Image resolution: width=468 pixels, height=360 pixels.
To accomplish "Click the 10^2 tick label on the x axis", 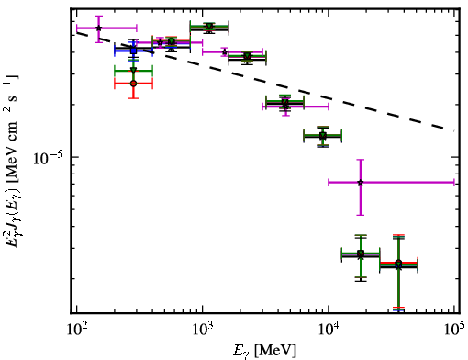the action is pyautogui.click(x=76, y=330).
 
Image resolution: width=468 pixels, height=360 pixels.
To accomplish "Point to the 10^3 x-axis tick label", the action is pyautogui.click(x=203, y=330).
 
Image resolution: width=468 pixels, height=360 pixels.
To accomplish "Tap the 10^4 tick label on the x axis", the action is pyautogui.click(x=329, y=330).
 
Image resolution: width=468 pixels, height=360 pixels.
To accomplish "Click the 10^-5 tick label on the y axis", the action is pyautogui.click(x=49, y=158).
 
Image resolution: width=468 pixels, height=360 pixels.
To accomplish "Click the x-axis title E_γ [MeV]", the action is pyautogui.click(x=264, y=351).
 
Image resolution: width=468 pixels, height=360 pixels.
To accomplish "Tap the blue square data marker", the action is pyautogui.click(x=133, y=51).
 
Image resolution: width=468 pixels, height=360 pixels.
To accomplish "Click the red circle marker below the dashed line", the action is pyautogui.click(x=133, y=84).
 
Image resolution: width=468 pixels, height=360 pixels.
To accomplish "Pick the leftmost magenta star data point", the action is pyautogui.click(x=98, y=28).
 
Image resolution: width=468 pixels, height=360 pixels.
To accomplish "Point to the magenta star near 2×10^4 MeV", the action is pyautogui.click(x=361, y=183).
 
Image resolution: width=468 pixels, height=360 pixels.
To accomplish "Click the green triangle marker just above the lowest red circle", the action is pyautogui.click(x=133, y=70).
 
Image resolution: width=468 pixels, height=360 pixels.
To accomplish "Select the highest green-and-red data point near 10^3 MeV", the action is pyautogui.click(x=209, y=27).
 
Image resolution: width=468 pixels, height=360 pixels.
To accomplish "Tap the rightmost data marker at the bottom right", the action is pyautogui.click(x=398, y=264).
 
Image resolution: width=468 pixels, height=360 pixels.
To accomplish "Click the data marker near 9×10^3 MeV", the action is pyautogui.click(x=322, y=136).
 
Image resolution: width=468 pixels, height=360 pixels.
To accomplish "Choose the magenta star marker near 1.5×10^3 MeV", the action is pyautogui.click(x=225, y=52).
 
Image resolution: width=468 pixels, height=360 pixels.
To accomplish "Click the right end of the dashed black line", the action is pyautogui.click(x=453, y=130).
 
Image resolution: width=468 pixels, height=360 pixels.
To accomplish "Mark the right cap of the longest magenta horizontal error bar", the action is pyautogui.click(x=454, y=183).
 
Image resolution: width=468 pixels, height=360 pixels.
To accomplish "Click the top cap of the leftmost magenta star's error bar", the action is pyautogui.click(x=98, y=16).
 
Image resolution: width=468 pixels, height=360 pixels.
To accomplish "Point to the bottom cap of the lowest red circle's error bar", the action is pyautogui.click(x=133, y=98).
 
